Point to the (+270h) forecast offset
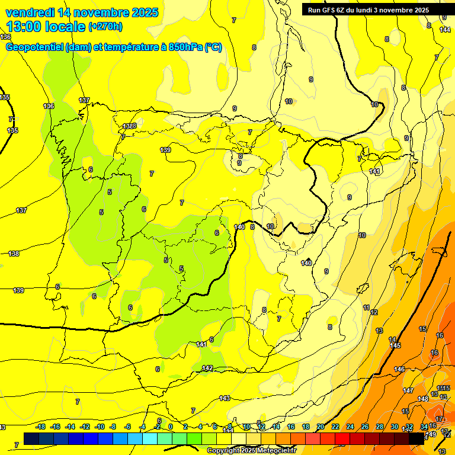(x=105, y=26)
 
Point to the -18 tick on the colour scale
(x=41, y=427)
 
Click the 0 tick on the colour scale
(x=171, y=427)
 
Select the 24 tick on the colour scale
(x=350, y=427)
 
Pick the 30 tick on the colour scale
(x=395, y=427)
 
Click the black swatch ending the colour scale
(x=416, y=438)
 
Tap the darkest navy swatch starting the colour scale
(x=31, y=438)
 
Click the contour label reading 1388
(x=130, y=126)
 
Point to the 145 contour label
(x=396, y=345)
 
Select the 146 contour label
(x=400, y=370)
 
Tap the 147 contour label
(x=408, y=390)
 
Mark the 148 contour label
(x=423, y=399)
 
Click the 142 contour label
(x=207, y=368)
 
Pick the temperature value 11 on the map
(x=366, y=308)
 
